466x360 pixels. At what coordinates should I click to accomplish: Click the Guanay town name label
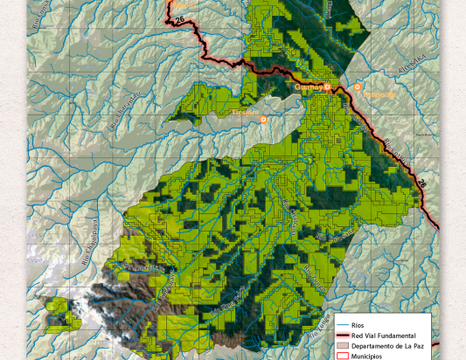point(309,87)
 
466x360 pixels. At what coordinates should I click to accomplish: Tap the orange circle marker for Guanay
point(328,87)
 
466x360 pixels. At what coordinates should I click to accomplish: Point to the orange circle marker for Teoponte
point(358,87)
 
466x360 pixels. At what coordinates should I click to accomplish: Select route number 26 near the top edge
point(179,19)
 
